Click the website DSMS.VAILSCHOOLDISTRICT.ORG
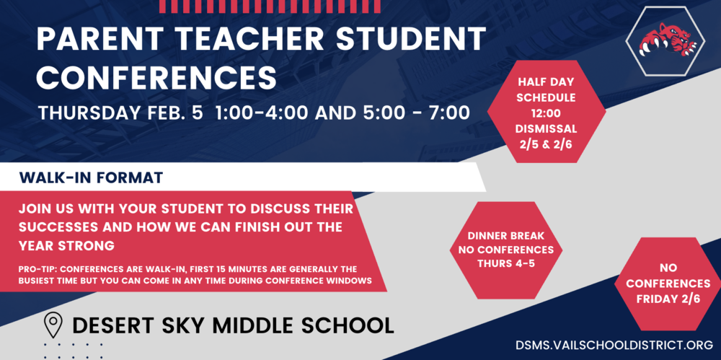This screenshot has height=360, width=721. click(614, 346)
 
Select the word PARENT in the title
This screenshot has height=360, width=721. click(92, 39)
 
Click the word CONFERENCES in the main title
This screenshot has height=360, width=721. click(156, 77)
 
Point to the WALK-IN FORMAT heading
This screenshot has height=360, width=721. click(91, 177)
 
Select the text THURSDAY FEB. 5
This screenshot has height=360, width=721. click(120, 113)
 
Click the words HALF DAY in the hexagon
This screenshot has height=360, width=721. click(547, 82)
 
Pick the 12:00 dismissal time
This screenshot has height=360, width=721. click(547, 113)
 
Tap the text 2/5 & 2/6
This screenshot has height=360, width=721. click(547, 143)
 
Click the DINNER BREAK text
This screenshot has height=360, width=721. click(506, 236)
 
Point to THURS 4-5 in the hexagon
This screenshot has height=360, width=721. click(506, 264)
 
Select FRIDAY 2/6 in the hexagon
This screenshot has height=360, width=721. click(668, 299)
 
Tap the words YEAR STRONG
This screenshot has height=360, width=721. click(66, 246)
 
